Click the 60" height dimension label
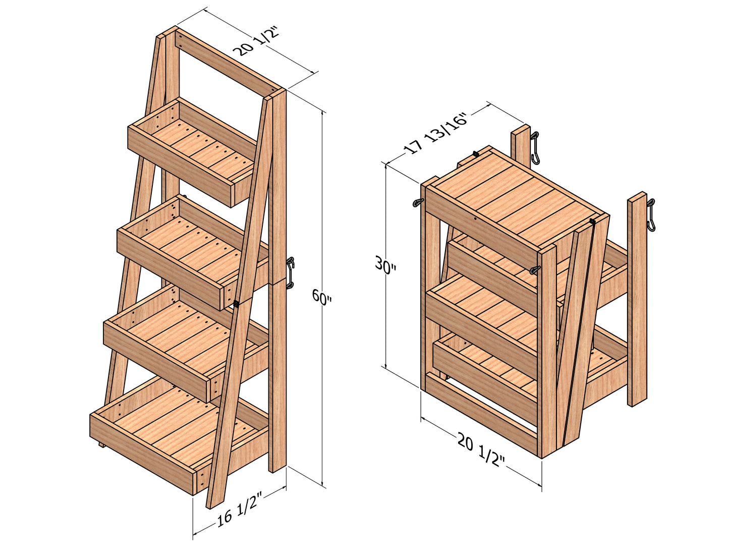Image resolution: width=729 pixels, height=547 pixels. point(322,297)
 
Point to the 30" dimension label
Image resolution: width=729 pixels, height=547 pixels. point(386,265)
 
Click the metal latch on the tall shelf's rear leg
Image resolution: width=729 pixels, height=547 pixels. point(290,272)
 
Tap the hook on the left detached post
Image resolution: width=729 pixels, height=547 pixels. point(535,148)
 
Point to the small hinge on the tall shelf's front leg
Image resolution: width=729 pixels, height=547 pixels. point(236,304)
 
